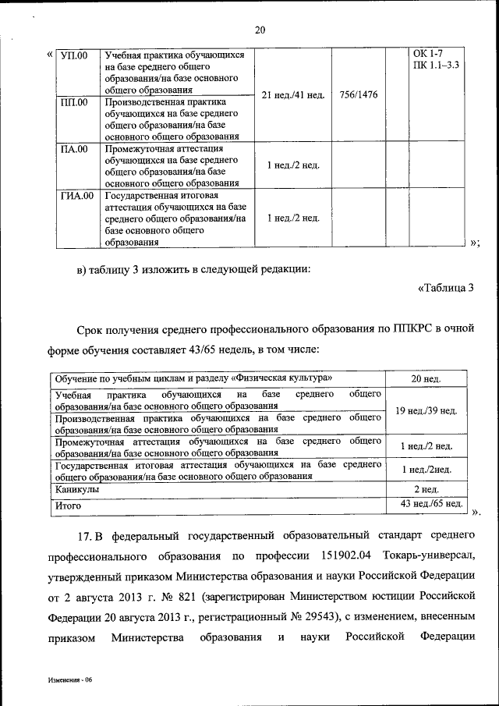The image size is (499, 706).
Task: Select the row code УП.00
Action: [x=74, y=55]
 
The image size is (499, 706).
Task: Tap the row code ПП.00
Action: [x=74, y=102]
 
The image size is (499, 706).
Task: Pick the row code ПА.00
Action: [x=74, y=148]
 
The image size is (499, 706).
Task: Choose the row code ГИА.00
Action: [x=76, y=195]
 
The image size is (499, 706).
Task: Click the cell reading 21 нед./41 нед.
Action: [x=293, y=95]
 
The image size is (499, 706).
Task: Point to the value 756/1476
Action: [x=359, y=95]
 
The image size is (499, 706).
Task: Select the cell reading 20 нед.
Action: [x=426, y=378]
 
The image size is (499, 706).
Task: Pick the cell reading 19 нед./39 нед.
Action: [x=426, y=410]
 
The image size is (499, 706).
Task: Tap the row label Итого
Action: [x=68, y=505]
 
